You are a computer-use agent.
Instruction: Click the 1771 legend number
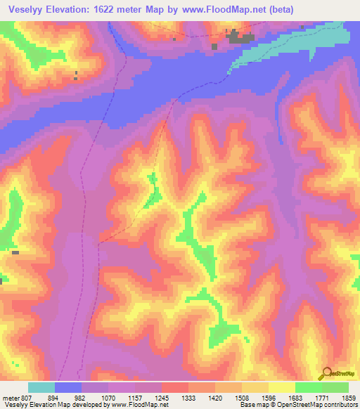316,397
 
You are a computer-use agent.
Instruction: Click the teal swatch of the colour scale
41,387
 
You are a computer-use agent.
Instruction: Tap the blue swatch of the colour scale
68,387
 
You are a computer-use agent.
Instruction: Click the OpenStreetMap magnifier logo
326,372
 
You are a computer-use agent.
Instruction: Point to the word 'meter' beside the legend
11,397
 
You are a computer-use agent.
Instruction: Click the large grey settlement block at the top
242,38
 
